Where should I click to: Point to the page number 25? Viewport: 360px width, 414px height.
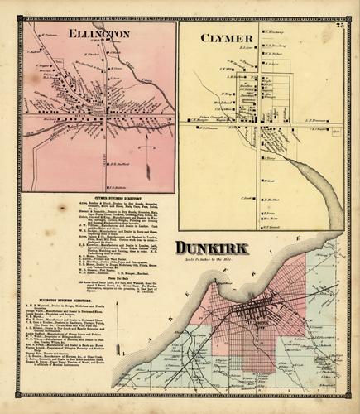(x=339, y=28)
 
